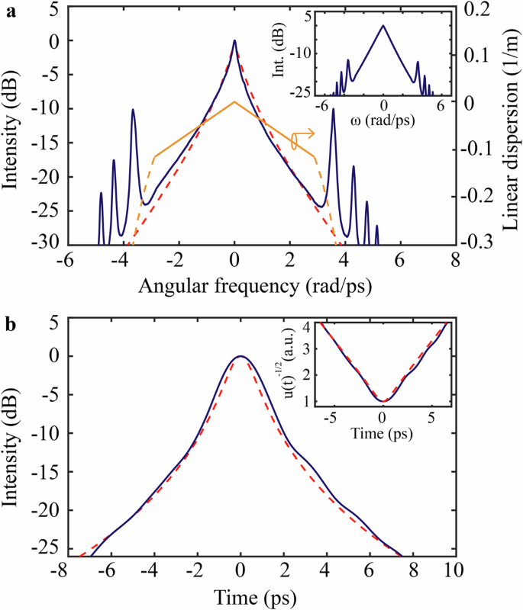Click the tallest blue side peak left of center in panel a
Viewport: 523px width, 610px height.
133,110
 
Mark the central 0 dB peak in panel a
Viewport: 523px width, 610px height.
234,41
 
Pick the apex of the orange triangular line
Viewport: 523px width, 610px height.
234,101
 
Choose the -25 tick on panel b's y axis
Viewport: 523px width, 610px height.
48,549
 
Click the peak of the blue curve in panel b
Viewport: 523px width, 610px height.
241,356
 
